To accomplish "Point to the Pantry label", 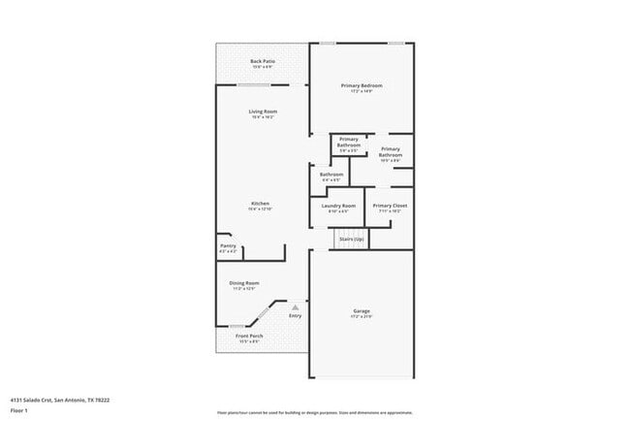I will pos(228,247).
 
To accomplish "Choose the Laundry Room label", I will pos(338,208).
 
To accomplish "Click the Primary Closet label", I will pos(391,208).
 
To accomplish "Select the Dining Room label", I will pos(243,285).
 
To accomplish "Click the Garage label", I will pos(361,311).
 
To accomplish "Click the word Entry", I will pos(296,315).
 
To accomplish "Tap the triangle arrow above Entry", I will pos(296,307).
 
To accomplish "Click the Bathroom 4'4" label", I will pos(331,177).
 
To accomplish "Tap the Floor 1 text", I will pos(19,410).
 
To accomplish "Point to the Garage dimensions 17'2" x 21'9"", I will pos(361,317).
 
